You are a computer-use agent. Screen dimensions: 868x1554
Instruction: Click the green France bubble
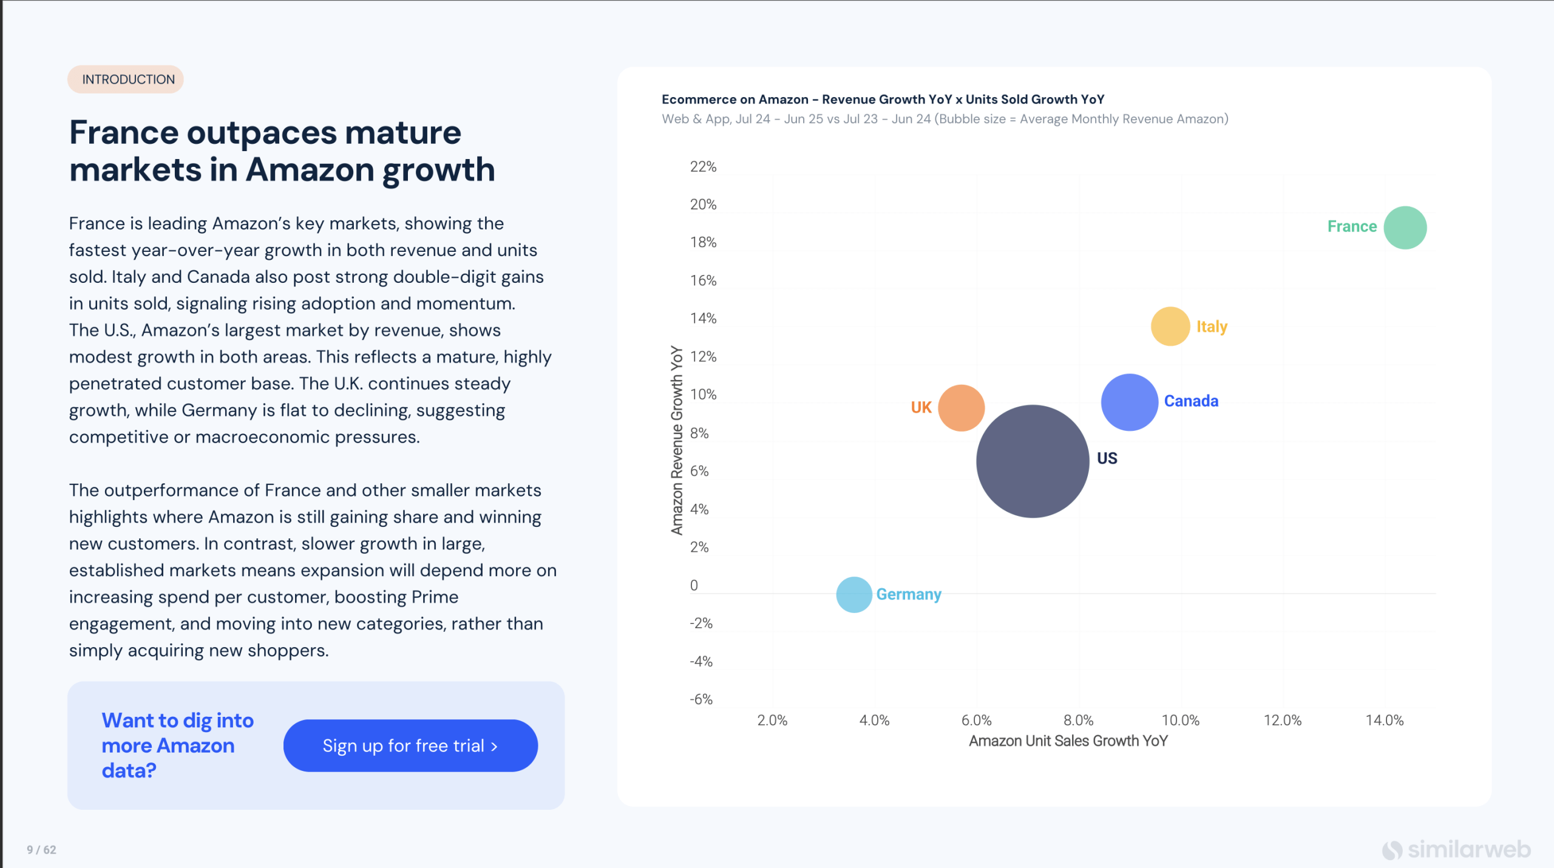[x=1405, y=228]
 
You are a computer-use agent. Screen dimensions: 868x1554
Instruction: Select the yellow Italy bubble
[x=1170, y=327]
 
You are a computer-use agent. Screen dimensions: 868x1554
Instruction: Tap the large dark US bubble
[x=1033, y=461]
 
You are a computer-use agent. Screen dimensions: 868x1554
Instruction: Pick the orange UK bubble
[x=961, y=408]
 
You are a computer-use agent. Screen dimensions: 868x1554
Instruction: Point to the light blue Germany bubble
[x=853, y=595]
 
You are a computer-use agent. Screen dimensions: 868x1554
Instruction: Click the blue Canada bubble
[x=1129, y=402]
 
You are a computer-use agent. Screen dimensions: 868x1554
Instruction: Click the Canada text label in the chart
[x=1191, y=401]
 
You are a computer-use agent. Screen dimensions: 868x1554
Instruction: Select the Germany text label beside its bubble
[x=909, y=594]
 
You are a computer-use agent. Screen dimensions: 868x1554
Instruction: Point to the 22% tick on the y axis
[x=703, y=167]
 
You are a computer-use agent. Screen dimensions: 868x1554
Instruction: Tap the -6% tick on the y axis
[x=701, y=699]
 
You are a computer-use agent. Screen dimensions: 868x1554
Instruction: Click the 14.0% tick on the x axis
[x=1385, y=721]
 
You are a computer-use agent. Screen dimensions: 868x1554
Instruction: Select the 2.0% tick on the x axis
[x=772, y=721]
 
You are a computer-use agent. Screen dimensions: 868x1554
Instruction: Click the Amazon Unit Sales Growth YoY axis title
[x=1068, y=741]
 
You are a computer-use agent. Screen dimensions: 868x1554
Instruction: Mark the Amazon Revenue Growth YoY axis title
[x=677, y=440]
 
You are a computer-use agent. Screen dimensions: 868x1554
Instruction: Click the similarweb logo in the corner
[x=1456, y=849]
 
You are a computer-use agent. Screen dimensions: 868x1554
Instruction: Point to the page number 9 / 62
[x=41, y=850]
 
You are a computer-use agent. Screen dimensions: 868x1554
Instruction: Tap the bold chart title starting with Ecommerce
[x=883, y=100]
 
